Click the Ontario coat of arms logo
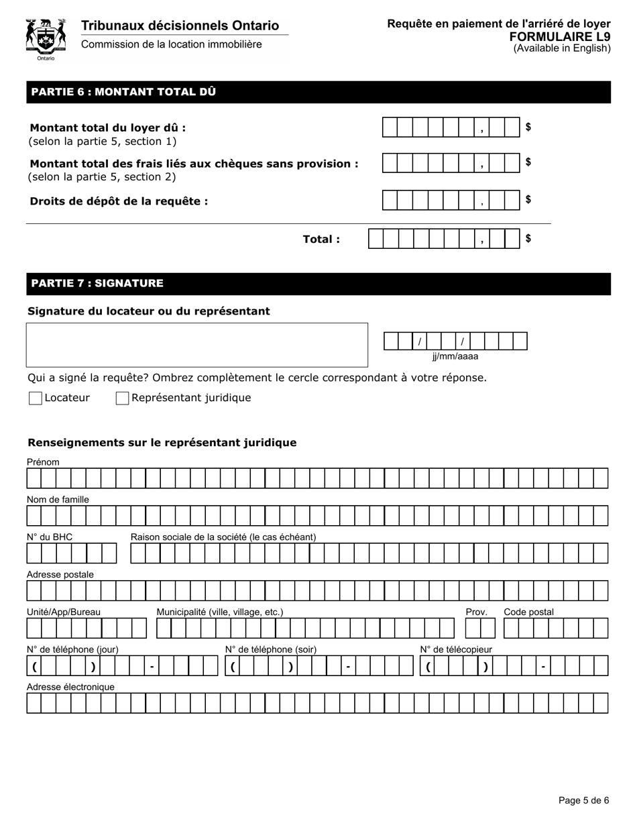[46, 38]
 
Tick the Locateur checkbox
[36, 398]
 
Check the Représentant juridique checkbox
[122, 398]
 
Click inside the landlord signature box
[197, 345]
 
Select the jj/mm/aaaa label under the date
[455, 357]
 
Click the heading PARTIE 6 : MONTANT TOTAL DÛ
[123, 92]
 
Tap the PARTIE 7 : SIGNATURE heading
[97, 283]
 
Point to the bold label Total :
[321, 239]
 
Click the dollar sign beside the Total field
[528, 239]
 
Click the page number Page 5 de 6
[583, 800]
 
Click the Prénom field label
[43, 462]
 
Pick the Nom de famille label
[58, 500]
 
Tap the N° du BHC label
[50, 537]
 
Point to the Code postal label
[528, 612]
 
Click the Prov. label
[476, 612]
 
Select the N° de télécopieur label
[456, 649]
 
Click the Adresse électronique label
[70, 687]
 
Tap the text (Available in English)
[562, 48]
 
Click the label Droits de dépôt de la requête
[119, 201]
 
